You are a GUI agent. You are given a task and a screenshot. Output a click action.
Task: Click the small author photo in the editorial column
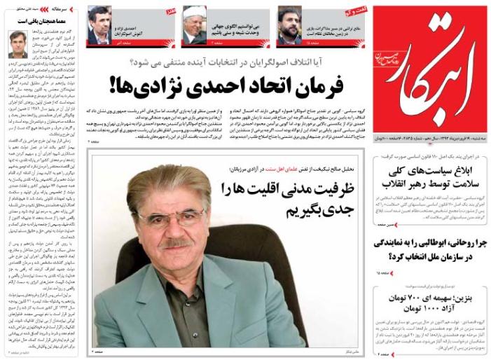pos(18,44)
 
